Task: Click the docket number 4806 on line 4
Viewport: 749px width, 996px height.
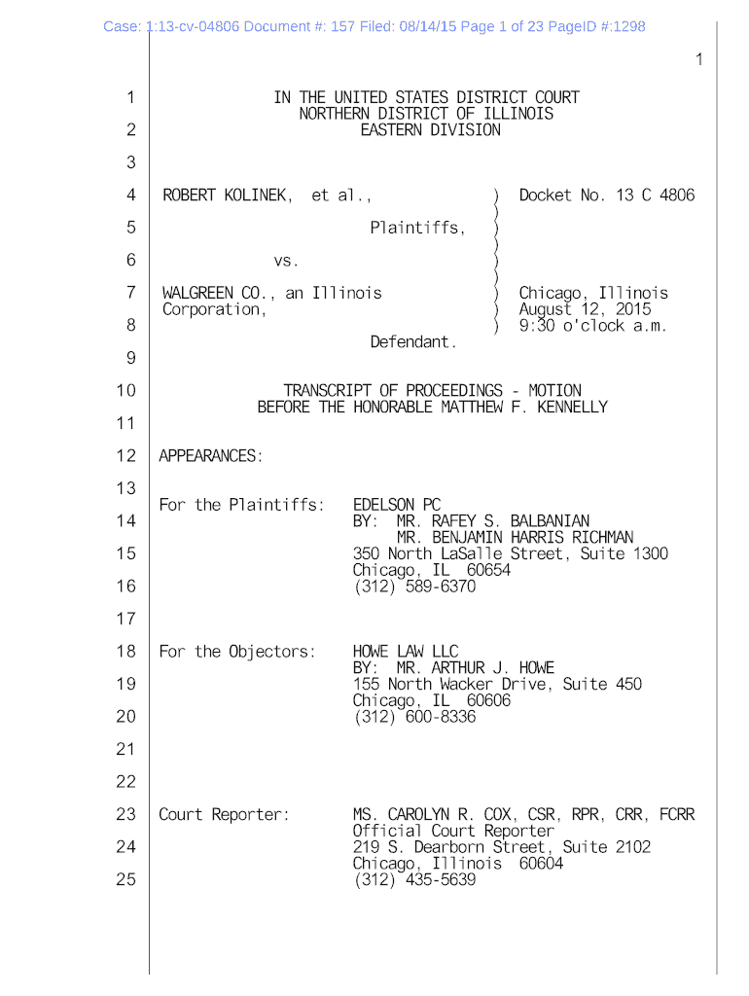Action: [x=677, y=196]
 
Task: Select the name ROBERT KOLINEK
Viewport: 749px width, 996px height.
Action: [x=226, y=196]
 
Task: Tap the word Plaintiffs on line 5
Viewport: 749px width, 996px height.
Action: [x=416, y=229]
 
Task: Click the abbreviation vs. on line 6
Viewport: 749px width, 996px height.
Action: [x=286, y=261]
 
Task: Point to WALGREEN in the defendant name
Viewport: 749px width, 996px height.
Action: [x=197, y=293]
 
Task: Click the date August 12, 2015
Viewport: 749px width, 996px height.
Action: [x=586, y=309]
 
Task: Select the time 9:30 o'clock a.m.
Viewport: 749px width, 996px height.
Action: [x=593, y=326]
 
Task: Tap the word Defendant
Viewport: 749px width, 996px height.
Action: [x=413, y=342]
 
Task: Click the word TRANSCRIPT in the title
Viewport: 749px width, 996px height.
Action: [x=327, y=391]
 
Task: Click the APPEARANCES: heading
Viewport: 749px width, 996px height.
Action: [x=211, y=456]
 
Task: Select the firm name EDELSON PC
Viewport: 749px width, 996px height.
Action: [x=397, y=505]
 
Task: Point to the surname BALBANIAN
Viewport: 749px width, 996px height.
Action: [x=550, y=521]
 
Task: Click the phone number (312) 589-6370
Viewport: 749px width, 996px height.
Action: [x=414, y=587]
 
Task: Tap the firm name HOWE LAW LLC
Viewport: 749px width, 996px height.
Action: [x=406, y=652]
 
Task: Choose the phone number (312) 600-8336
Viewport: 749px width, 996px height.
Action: [x=414, y=717]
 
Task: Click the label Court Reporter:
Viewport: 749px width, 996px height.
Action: [x=225, y=814]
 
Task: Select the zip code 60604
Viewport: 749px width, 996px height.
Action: [x=541, y=863]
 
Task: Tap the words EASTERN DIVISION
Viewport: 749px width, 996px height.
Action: [x=430, y=129]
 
